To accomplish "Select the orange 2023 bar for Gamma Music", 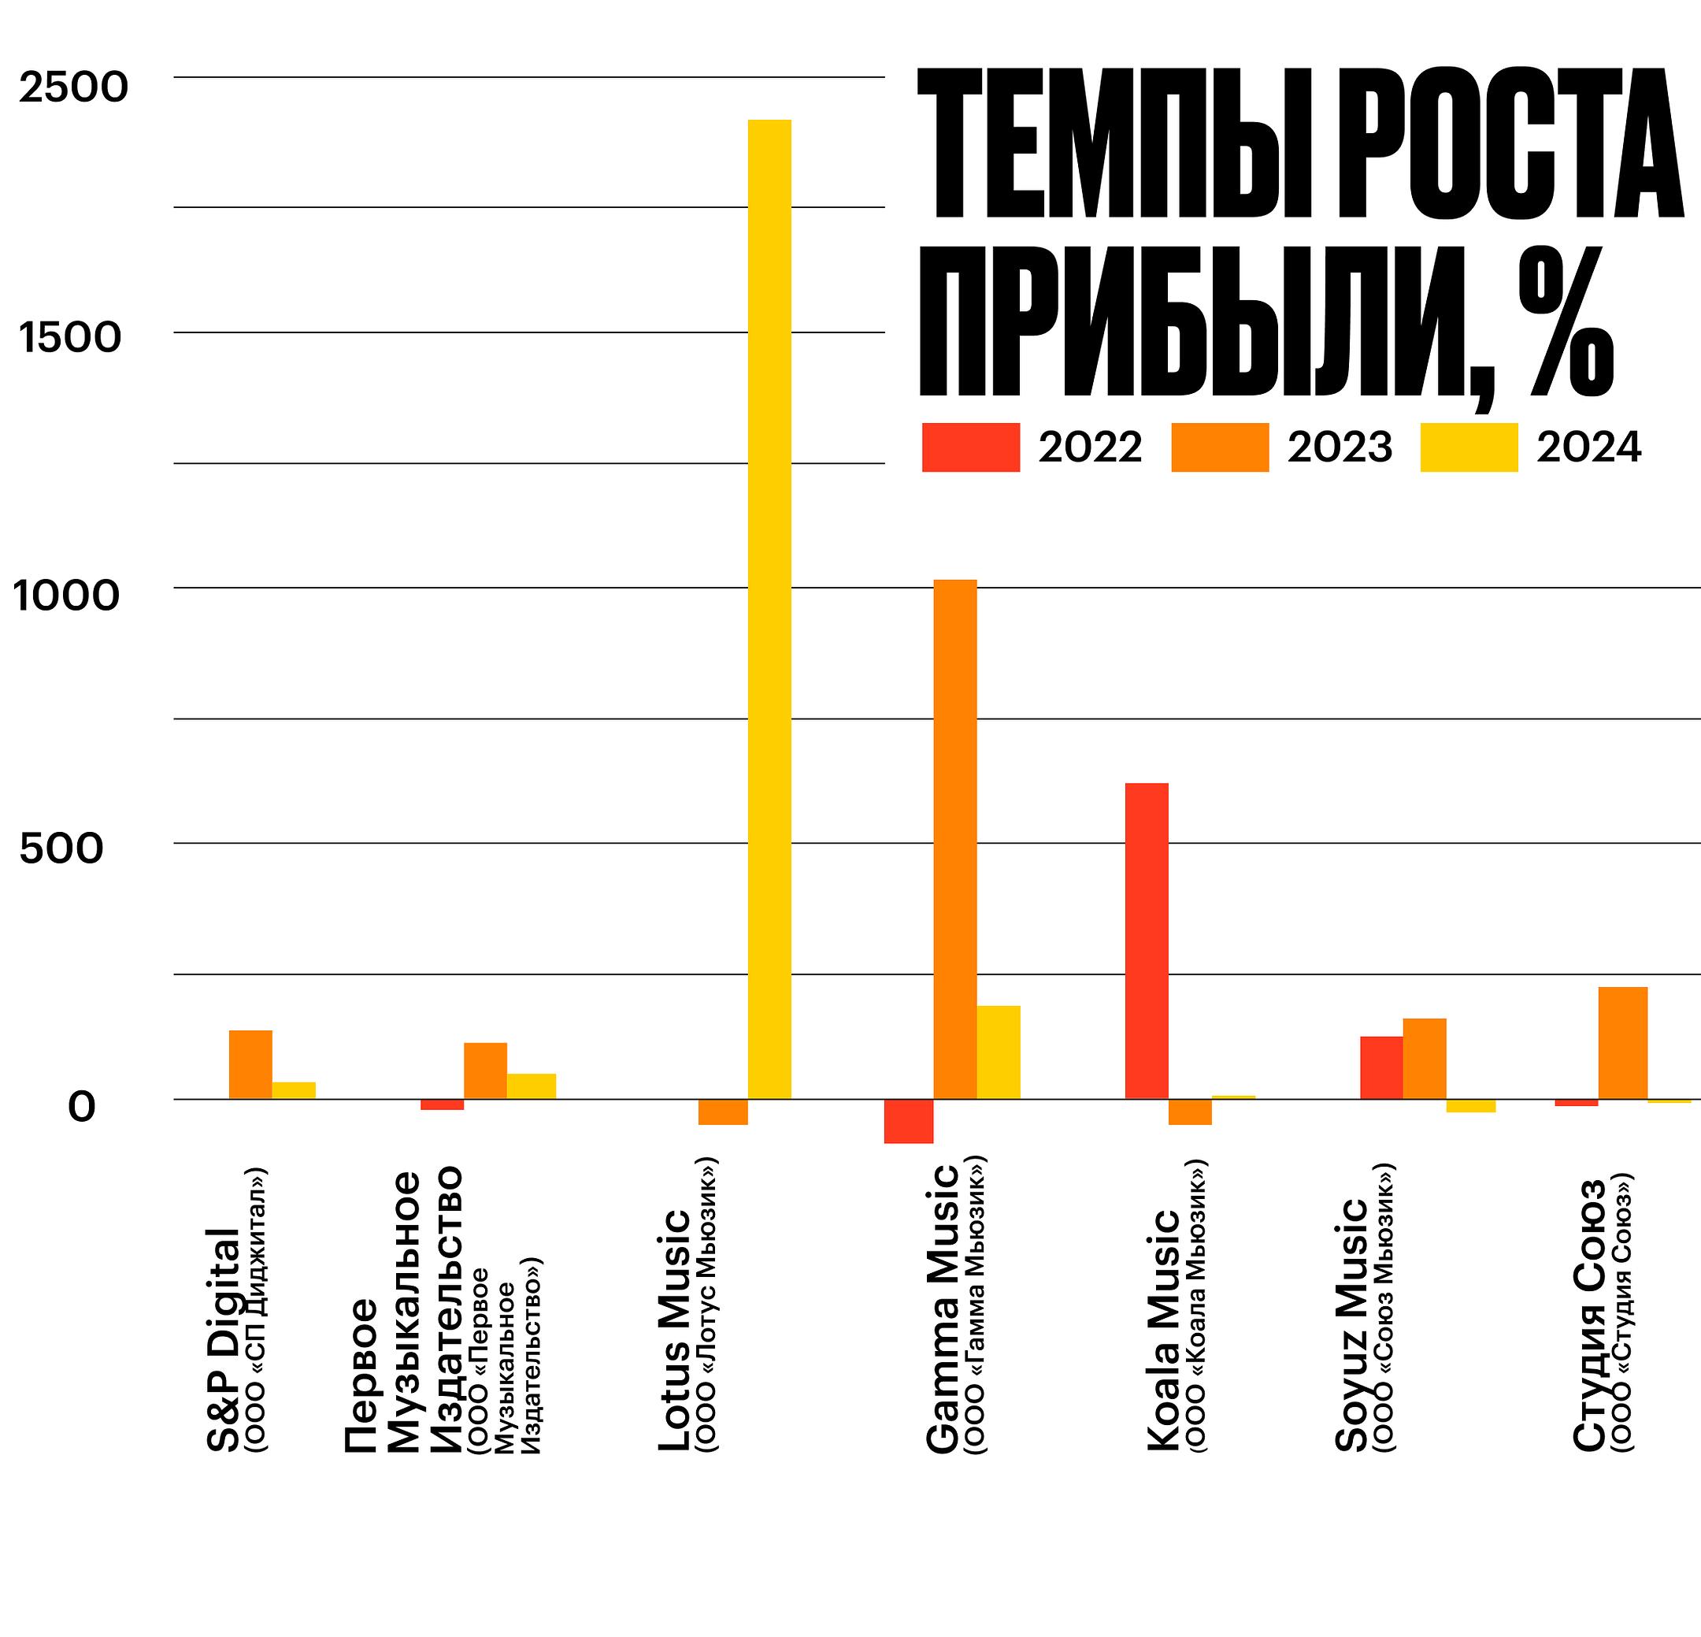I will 954,838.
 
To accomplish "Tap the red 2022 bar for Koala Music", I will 1147,941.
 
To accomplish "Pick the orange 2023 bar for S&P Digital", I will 250,1064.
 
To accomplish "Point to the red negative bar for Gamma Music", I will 908,1120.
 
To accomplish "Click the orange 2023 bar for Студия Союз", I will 1622,1042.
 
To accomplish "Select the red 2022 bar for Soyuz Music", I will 1380,1067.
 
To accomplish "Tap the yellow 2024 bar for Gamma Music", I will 998,1052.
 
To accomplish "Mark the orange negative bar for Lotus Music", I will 722,1112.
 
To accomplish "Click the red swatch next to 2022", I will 970,447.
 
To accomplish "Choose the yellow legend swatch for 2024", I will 1469,447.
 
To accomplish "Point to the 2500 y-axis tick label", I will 74,87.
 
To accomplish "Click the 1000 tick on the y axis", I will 66,596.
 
